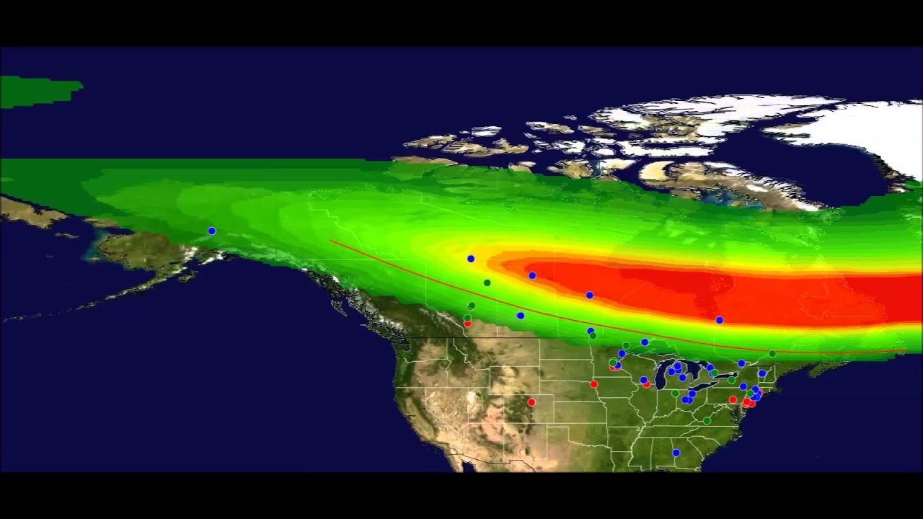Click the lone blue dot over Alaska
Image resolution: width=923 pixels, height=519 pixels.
pyautogui.click(x=212, y=231)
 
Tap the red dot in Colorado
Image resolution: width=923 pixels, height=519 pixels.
pyautogui.click(x=531, y=402)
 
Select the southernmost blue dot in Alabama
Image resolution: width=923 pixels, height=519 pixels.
pyautogui.click(x=676, y=453)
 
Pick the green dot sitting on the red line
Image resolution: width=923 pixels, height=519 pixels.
pyautogui.click(x=772, y=354)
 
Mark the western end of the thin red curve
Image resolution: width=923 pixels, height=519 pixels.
pyautogui.click(x=330, y=241)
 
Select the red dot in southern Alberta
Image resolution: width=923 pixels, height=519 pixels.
pyautogui.click(x=467, y=324)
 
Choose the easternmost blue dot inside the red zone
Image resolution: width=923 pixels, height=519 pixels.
pyautogui.click(x=720, y=320)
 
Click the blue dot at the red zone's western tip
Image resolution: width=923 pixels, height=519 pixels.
pyautogui.click(x=532, y=275)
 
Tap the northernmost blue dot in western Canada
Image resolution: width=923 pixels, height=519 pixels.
pyautogui.click(x=471, y=258)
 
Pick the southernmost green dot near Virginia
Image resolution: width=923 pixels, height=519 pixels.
pyautogui.click(x=707, y=420)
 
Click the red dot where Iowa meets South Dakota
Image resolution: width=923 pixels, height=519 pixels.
pyautogui.click(x=594, y=383)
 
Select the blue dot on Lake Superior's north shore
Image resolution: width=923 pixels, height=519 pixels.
pyautogui.click(x=645, y=342)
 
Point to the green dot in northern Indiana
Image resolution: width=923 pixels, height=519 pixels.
pyautogui.click(x=675, y=394)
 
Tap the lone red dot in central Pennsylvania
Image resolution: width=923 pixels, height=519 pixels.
pyautogui.click(x=733, y=399)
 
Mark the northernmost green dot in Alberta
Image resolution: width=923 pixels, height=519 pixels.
pyautogui.click(x=487, y=283)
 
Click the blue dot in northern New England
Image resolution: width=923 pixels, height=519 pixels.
pyautogui.click(x=762, y=373)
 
